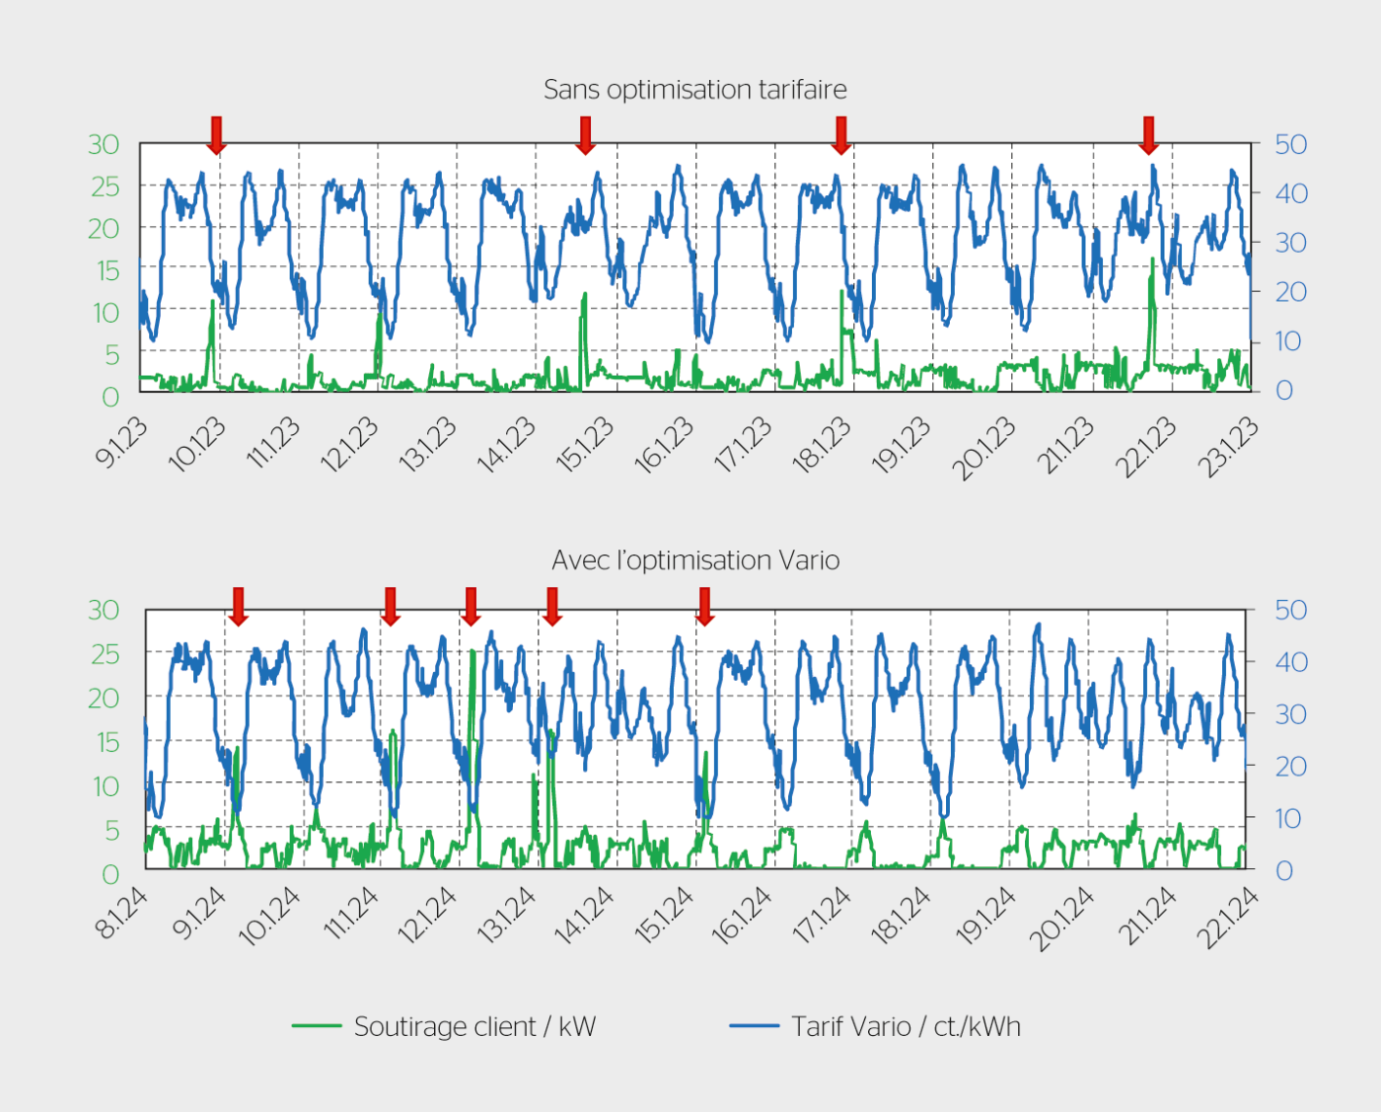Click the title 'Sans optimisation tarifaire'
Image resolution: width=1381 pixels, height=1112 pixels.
(694, 90)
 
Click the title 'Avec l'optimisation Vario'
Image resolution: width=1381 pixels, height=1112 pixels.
(695, 560)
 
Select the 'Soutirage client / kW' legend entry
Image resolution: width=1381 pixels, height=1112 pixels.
(444, 1026)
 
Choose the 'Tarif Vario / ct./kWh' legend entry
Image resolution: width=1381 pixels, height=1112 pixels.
(875, 1026)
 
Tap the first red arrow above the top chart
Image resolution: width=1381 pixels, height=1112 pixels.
(216, 135)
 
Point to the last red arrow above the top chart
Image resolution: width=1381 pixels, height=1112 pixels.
(1148, 135)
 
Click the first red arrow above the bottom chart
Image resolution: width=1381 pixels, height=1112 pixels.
(238, 606)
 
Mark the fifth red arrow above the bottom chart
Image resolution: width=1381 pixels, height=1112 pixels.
(704, 606)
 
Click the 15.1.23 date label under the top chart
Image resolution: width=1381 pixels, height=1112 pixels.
(585, 445)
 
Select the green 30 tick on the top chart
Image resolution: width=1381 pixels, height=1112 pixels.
(104, 145)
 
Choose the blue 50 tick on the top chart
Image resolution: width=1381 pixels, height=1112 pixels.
(1290, 145)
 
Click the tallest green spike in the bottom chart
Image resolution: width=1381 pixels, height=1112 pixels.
(472, 653)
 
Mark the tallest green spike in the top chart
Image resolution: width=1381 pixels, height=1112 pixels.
(1152, 261)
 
